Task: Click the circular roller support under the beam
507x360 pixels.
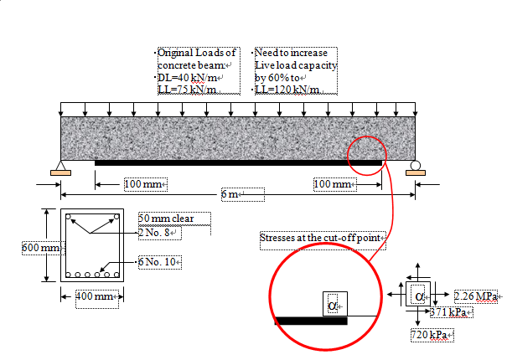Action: [412, 165]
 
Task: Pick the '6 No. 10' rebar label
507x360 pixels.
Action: [160, 262]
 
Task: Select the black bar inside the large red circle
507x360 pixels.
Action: [311, 321]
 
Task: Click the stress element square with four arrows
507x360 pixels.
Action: [419, 296]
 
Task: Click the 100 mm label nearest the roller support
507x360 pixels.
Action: [334, 183]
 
